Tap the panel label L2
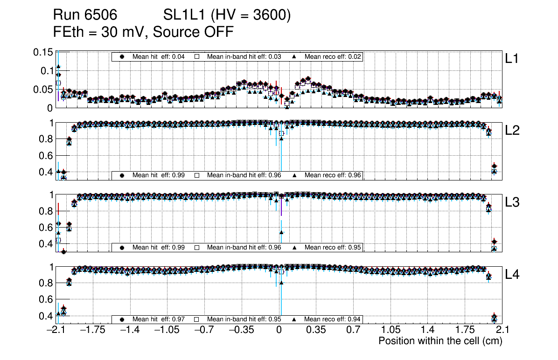(512, 131)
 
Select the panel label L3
(512, 203)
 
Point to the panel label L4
(512, 275)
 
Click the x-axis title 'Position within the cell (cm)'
(440, 341)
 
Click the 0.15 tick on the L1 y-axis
(42, 52)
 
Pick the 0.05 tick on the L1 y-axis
(42, 89)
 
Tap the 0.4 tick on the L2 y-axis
(46, 172)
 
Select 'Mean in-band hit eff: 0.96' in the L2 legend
(244, 175)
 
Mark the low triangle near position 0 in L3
(281, 232)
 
